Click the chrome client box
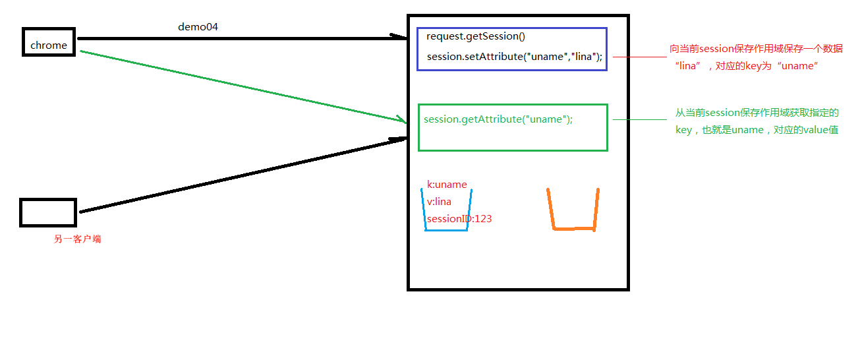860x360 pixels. point(49,43)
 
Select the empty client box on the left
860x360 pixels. point(48,212)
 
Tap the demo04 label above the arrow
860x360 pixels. point(198,27)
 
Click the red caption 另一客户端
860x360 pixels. point(77,239)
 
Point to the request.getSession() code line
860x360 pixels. point(475,36)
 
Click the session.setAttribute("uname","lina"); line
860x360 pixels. point(514,57)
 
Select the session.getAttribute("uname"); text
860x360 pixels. point(498,119)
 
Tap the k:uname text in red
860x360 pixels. point(447,185)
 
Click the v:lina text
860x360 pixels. point(439,202)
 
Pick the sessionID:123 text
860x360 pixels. point(459,219)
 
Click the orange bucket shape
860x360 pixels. point(573,211)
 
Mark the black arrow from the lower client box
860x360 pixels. point(244,175)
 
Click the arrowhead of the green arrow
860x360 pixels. point(403,120)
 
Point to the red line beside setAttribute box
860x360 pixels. point(639,57)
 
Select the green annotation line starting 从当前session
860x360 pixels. point(757,113)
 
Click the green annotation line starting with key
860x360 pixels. point(757,130)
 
